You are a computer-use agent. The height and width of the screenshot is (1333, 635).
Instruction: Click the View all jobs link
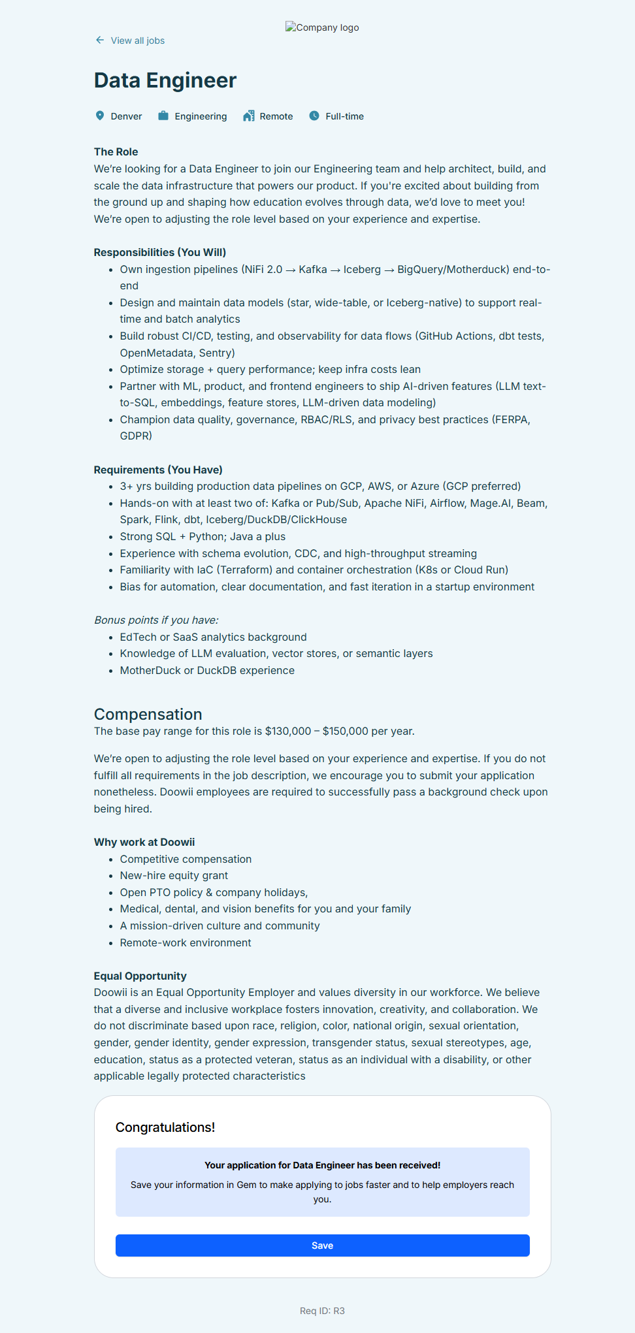(x=137, y=40)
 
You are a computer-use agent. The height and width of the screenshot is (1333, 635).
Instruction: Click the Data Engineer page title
(x=165, y=80)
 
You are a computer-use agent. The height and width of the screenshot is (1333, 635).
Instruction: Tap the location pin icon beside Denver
(x=100, y=116)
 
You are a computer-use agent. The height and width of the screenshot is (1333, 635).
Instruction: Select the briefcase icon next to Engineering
(x=163, y=116)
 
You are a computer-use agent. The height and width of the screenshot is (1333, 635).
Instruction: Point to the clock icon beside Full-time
(x=314, y=116)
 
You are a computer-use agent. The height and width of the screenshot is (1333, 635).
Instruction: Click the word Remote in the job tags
(x=276, y=116)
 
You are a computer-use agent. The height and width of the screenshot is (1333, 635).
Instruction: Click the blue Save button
(x=322, y=1245)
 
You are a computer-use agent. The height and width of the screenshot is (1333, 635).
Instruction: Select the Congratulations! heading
(x=165, y=1127)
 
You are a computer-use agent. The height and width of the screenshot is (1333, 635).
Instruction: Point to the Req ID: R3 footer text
(x=322, y=1311)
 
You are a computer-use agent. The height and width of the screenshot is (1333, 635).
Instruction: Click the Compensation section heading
(x=148, y=714)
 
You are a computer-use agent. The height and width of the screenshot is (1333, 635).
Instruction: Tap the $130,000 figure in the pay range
(x=288, y=731)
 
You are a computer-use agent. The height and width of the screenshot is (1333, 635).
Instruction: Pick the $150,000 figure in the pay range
(x=346, y=731)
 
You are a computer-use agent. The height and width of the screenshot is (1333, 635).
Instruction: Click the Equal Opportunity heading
(x=140, y=976)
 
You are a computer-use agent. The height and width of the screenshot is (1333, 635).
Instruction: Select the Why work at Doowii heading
(x=144, y=842)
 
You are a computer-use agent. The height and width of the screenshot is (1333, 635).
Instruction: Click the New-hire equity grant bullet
(x=174, y=876)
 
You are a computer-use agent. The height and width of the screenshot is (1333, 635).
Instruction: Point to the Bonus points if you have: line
(x=156, y=620)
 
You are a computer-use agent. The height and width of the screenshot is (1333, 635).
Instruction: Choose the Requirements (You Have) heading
(x=158, y=470)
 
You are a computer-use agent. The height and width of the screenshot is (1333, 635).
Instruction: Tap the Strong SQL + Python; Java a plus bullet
(x=203, y=536)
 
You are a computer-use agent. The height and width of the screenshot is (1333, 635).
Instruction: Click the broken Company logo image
(x=322, y=27)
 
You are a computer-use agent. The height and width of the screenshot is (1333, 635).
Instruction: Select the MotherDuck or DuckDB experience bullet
(x=207, y=670)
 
